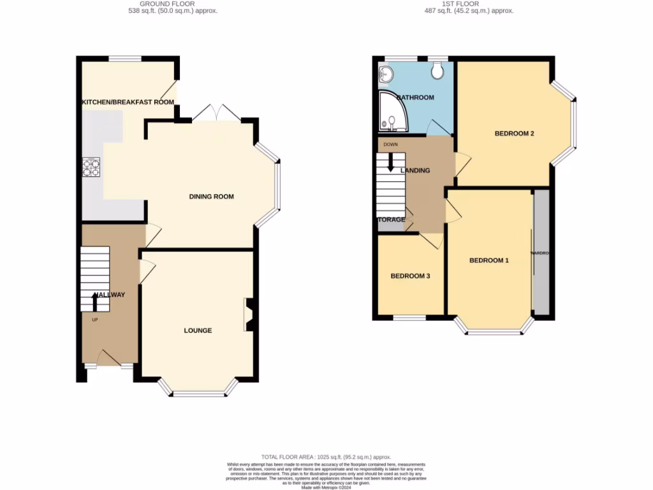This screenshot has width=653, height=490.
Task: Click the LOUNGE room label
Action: [198, 330]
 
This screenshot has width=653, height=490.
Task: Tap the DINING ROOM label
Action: [211, 197]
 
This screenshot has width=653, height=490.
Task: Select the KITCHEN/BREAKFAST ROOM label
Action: [127, 102]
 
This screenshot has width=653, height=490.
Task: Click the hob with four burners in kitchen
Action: [91, 167]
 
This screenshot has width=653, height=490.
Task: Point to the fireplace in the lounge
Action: [248, 315]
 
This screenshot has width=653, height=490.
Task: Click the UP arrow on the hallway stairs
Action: [95, 301]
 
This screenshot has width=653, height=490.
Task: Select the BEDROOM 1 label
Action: [489, 260]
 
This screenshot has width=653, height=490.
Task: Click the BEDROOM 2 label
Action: [514, 133]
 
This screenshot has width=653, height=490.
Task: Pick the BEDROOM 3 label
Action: [411, 276]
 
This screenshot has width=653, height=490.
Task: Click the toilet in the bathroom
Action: [437, 71]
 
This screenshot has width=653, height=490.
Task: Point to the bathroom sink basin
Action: [385, 75]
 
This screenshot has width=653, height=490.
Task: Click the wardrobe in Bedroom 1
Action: [541, 253]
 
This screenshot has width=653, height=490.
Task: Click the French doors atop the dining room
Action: [217, 114]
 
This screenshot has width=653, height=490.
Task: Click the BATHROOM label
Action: [415, 98]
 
